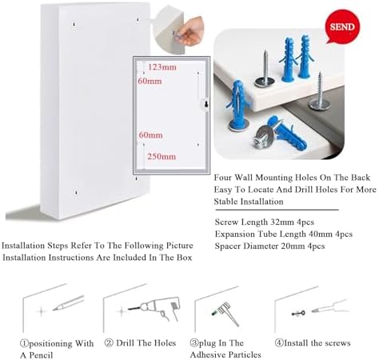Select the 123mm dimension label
point(162,67)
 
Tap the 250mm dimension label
point(161,156)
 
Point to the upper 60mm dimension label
point(150,81)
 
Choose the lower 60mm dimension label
point(150,135)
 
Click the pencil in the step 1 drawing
point(69,305)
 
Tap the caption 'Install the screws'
point(313,342)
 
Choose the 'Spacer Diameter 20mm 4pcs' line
point(270,246)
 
